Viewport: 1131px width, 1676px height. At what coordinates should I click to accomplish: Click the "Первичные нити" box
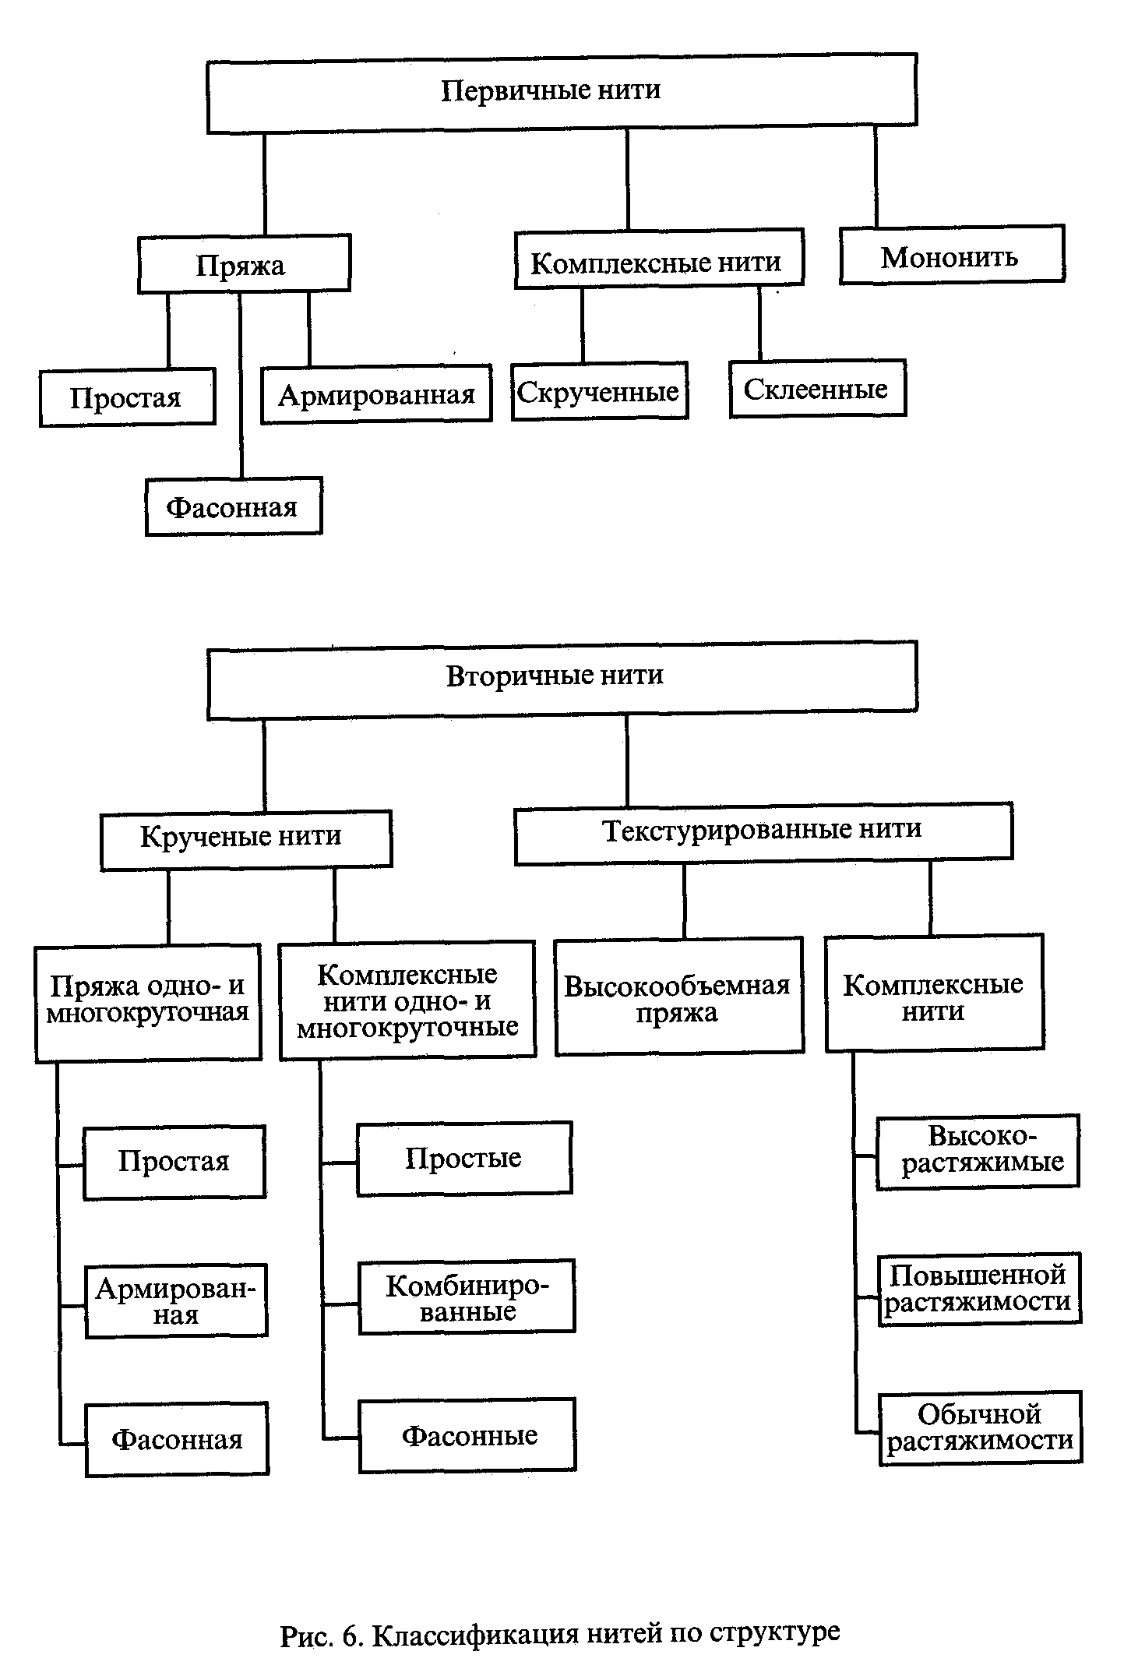[561, 91]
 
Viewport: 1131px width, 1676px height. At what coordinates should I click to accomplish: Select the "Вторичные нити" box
[561, 677]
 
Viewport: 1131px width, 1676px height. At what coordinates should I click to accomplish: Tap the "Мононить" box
[951, 255]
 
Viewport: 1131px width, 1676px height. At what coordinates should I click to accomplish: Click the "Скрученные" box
[599, 391]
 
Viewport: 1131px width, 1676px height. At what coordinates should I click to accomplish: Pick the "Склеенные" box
[817, 388]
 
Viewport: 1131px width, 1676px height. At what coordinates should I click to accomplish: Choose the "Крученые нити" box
[245, 838]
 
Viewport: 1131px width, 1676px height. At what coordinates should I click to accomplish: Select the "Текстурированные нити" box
[763, 832]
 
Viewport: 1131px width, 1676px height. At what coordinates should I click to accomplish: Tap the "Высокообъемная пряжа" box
[678, 997]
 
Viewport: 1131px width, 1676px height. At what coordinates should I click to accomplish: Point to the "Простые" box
[464, 1158]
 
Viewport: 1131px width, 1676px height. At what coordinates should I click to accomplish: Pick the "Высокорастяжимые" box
[978, 1151]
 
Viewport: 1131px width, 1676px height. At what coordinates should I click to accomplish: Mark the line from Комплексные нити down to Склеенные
[759, 323]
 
